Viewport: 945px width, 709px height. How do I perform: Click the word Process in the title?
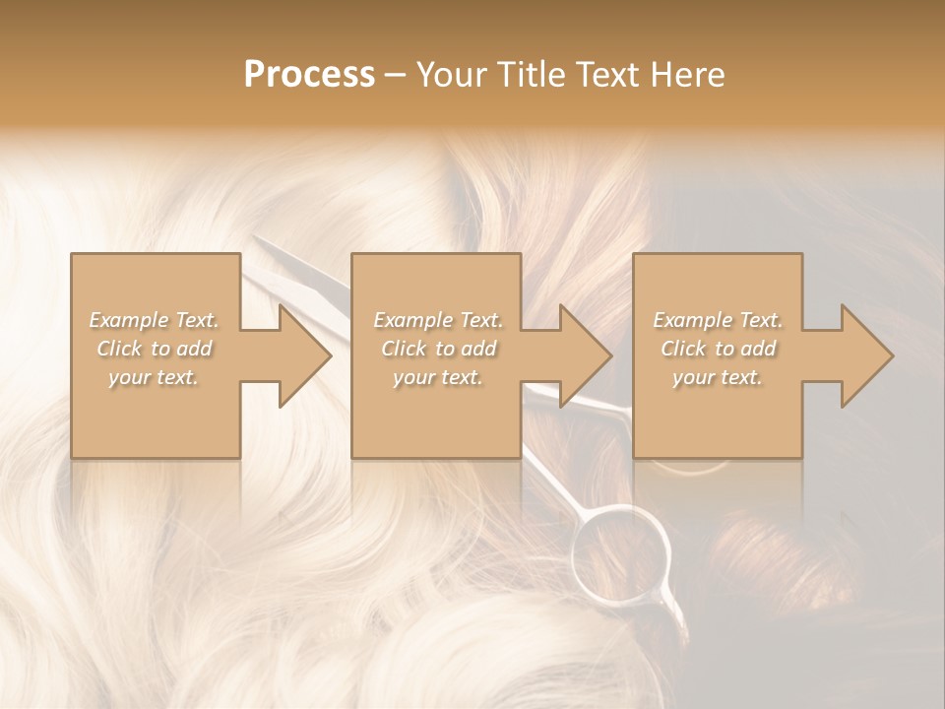pos(309,75)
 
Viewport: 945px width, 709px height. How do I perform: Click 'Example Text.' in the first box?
pos(154,320)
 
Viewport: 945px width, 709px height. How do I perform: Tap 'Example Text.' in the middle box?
pos(438,320)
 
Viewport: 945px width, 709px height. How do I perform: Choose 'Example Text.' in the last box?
pos(718,320)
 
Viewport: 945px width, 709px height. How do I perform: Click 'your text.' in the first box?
pos(154,377)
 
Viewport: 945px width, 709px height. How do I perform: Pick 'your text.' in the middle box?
pos(438,377)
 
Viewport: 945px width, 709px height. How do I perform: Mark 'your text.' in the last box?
pos(718,377)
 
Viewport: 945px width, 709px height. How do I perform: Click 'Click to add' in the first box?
pos(154,349)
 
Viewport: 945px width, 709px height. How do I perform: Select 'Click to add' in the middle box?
pos(438,349)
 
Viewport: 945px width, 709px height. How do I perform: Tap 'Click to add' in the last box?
pos(718,349)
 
